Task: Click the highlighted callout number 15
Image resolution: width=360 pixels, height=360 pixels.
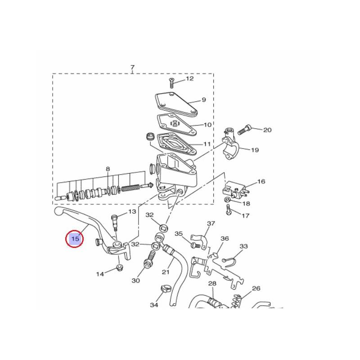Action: point(75,239)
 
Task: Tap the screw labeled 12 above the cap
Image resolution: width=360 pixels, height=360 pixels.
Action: point(171,83)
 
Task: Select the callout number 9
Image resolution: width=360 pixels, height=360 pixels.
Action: point(204,100)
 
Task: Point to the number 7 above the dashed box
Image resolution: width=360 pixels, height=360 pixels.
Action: point(132,67)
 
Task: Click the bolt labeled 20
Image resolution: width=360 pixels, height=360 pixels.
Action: point(244,130)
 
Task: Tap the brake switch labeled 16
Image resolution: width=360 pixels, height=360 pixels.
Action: point(236,189)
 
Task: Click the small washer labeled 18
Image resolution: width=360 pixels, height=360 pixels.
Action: point(227,199)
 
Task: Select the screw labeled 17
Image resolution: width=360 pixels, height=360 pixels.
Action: point(229,209)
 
